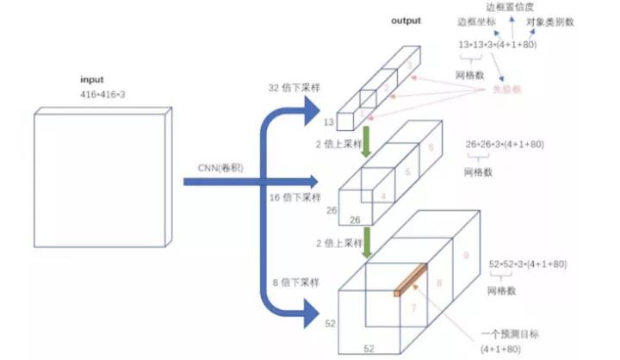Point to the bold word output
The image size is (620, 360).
(406, 21)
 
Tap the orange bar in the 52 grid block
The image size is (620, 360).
(412, 280)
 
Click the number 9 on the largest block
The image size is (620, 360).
(466, 256)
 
